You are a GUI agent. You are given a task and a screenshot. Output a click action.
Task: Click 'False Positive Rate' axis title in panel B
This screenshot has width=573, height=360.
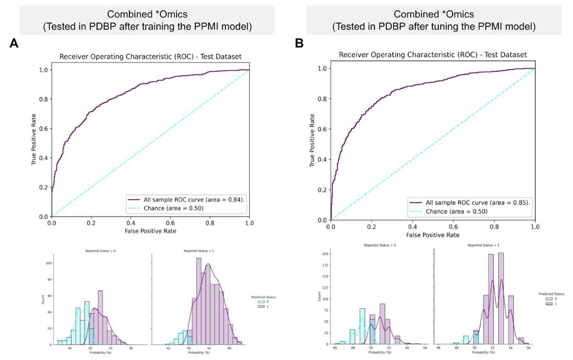tap(433, 235)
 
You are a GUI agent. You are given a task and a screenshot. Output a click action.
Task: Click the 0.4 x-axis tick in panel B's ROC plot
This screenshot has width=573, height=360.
tap(413, 227)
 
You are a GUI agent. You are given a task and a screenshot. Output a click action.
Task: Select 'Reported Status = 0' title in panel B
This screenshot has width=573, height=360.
tap(377, 245)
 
